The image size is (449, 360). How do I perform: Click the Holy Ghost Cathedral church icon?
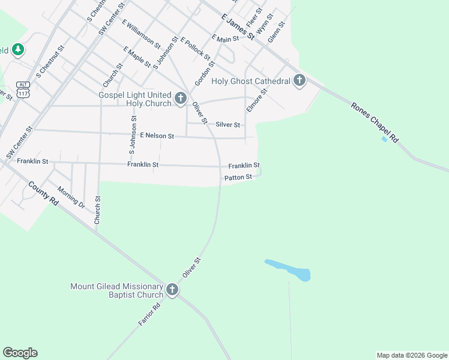[x=300, y=81]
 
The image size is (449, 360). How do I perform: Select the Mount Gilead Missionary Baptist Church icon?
[x=172, y=291]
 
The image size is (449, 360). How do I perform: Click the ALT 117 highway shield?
[x=23, y=89]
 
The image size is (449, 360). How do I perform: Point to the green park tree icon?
[x=18, y=50]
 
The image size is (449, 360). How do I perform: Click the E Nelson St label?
[x=157, y=136]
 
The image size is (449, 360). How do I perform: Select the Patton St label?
[x=238, y=178]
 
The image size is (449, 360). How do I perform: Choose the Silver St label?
[x=228, y=125]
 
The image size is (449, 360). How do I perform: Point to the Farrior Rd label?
[x=149, y=314]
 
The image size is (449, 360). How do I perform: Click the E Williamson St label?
[x=141, y=34]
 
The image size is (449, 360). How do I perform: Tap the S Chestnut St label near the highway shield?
[x=50, y=62]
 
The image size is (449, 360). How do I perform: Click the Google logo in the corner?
[x=20, y=353]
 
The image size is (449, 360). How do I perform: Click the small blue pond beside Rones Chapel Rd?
[x=384, y=139]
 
